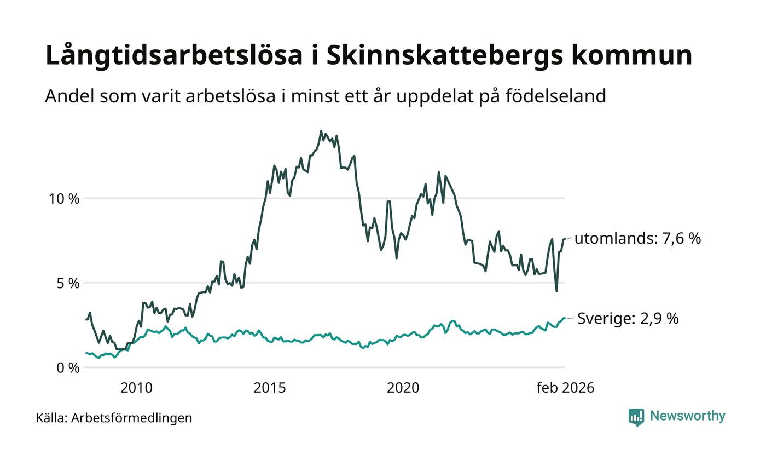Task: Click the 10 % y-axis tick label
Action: point(64,199)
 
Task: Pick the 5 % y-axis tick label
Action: point(68,284)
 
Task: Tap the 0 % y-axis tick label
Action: point(68,369)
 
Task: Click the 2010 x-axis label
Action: point(136,388)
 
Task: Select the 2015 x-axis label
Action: point(269,388)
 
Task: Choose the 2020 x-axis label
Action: point(403,388)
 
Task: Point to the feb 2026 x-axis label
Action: point(565,388)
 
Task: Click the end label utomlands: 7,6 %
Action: point(637,239)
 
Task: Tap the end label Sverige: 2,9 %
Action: point(628,319)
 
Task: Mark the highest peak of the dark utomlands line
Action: point(321,131)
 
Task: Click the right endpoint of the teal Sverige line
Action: point(564,318)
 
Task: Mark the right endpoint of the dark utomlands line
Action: point(564,238)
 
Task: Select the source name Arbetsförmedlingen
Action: point(132,418)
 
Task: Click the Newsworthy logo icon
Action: point(636,417)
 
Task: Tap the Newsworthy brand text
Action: point(687,416)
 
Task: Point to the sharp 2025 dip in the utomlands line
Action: point(556,291)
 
